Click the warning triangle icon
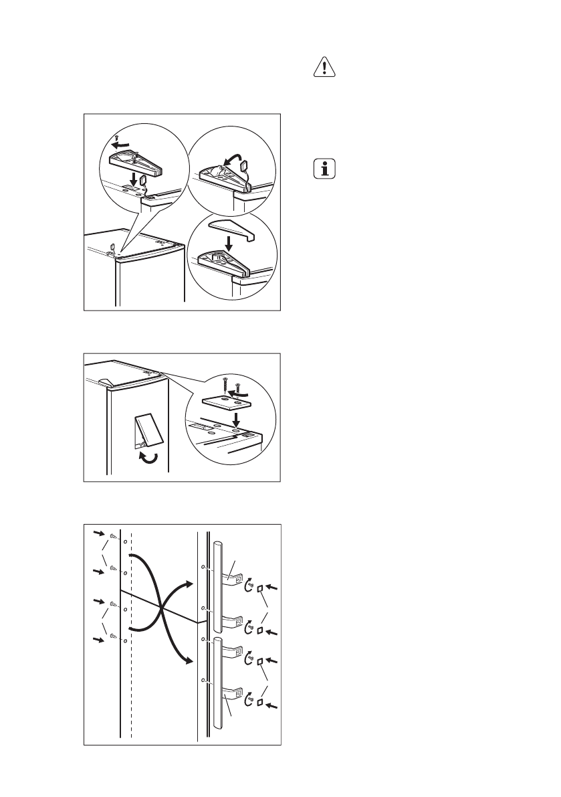pyautogui.click(x=324, y=69)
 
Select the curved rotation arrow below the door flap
pyautogui.click(x=147, y=458)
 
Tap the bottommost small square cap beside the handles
pyautogui.click(x=261, y=703)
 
